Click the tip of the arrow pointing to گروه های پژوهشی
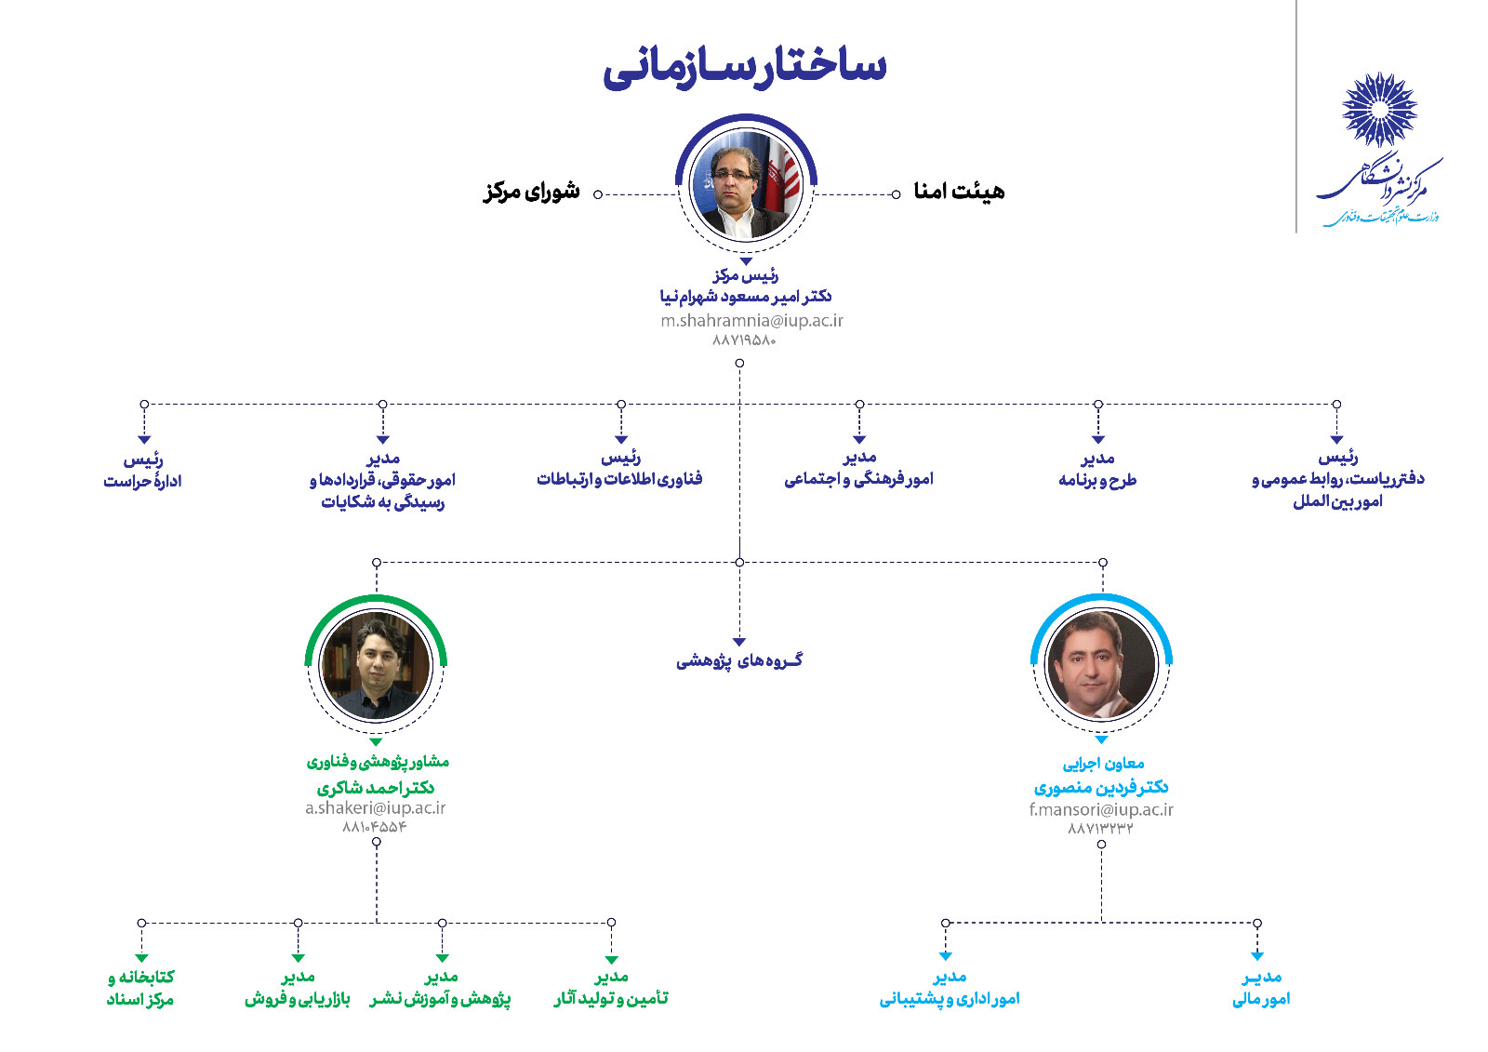[x=739, y=646]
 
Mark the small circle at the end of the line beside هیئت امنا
[x=897, y=194]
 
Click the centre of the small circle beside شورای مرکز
[x=598, y=194]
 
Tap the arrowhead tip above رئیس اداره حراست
[x=144, y=444]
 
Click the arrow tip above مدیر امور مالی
[x=1256, y=961]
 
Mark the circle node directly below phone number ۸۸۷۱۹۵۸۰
[x=739, y=364]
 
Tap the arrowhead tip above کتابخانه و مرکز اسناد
[x=141, y=963]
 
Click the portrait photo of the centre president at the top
[x=747, y=185]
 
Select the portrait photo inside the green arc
[x=376, y=665]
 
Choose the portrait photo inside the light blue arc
[x=1101, y=664]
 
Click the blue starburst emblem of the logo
[x=1379, y=109]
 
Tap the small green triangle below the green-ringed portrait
[x=376, y=741]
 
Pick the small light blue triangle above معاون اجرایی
[x=1101, y=739]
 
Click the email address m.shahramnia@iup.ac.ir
[x=751, y=320]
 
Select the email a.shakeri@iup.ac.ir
[x=376, y=807]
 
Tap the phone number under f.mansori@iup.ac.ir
[x=1101, y=828]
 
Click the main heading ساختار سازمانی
[x=745, y=68]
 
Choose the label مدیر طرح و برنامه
[x=1097, y=469]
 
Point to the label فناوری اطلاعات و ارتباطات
[x=619, y=479]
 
